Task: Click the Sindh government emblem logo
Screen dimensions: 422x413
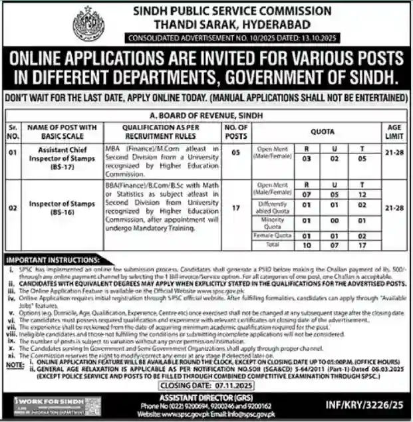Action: pyautogui.click(x=88, y=25)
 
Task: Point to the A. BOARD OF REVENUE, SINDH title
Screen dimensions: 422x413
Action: pyautogui.click(x=206, y=114)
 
